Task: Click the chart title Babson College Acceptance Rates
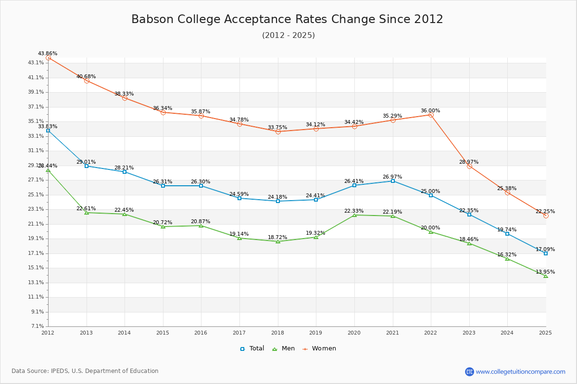point(287,19)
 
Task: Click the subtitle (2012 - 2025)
point(288,36)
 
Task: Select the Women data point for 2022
point(431,115)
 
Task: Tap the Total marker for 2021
point(393,181)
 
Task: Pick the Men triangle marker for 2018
point(278,241)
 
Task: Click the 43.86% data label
point(48,54)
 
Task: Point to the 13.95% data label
point(545,272)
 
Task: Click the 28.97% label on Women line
point(468,162)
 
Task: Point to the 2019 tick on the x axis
point(316,332)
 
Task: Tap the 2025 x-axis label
point(545,332)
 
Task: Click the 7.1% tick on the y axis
point(38,326)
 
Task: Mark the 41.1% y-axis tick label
point(37,77)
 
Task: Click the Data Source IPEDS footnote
point(85,371)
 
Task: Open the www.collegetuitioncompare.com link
point(520,372)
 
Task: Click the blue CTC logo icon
point(469,372)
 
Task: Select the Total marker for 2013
point(87,166)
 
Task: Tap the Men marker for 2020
point(354,215)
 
